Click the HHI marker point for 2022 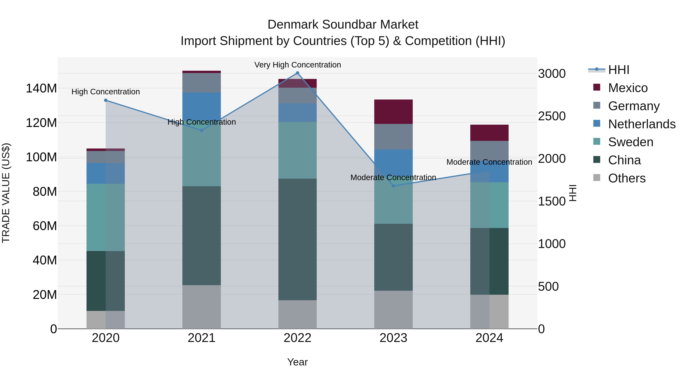[x=297, y=73]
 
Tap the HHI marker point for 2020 [x=106, y=100]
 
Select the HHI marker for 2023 [x=393, y=186]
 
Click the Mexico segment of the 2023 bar [x=393, y=112]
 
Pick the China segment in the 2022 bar [x=297, y=239]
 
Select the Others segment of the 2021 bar [x=202, y=307]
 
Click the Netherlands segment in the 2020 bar [x=106, y=173]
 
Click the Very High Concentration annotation [x=297, y=65]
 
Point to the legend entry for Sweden [x=630, y=142]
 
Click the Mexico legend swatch [x=597, y=87]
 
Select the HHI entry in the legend [x=618, y=70]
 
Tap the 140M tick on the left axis [x=41, y=88]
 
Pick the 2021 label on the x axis [x=202, y=338]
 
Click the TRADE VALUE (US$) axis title [x=6, y=193]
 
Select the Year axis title [x=297, y=362]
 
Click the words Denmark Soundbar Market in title [x=343, y=25]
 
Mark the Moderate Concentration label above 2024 [x=489, y=162]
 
